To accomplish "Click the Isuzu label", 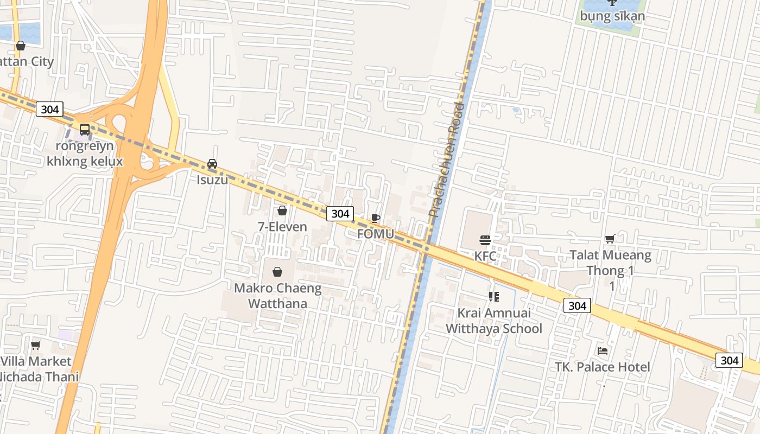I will pos(212,180).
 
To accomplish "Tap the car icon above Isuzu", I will pos(212,164).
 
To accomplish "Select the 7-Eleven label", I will pos(282,227).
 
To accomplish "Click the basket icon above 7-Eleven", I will pos(282,210).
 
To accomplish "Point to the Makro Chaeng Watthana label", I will pos(277,296).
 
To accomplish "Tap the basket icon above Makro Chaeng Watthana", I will pos(277,272).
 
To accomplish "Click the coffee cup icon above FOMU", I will pos(375,219).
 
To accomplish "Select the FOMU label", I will pos(375,234).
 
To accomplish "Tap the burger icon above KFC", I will pos(485,240).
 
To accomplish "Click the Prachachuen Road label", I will pos(446,159).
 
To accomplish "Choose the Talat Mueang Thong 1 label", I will pos(610,263).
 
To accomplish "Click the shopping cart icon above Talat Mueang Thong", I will pos(610,239).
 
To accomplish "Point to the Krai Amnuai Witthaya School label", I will pos(494,321).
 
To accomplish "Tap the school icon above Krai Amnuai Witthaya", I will pos(494,297).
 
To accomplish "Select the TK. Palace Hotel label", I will pos(603,367).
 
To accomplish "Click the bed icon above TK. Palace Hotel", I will pos(603,351).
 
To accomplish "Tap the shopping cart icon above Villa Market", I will pos(36,345).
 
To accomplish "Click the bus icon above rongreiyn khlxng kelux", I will pos(85,130).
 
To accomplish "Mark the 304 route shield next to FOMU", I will pos(340,214).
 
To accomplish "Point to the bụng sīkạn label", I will pos(612,16).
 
